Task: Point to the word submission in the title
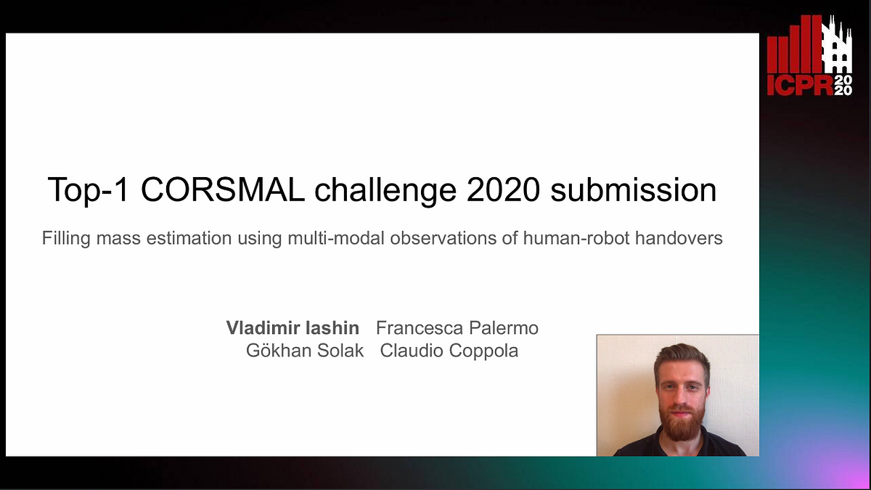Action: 634,190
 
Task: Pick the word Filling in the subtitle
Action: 64,238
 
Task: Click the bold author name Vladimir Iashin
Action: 293,328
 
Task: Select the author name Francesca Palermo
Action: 457,328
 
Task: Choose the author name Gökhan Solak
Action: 305,351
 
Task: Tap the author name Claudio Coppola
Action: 449,351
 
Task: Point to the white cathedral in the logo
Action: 836,45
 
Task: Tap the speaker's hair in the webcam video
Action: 681,356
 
